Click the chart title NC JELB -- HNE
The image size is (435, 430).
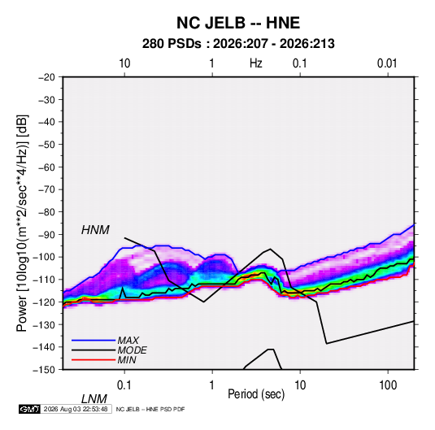tap(238, 23)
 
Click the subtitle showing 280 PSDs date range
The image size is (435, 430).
tap(238, 44)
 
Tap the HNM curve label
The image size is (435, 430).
tap(95, 230)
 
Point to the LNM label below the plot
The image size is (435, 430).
tap(94, 399)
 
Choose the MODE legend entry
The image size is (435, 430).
tap(109, 350)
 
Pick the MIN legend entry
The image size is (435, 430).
tap(104, 360)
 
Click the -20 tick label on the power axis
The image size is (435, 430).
tap(46, 77)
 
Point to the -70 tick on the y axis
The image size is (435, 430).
tap(46, 189)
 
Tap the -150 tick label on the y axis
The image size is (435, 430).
tap(44, 370)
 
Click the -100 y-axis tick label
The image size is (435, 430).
tap(44, 257)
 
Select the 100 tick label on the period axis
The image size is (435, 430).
tap(388, 385)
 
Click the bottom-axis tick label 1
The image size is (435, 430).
tap(212, 385)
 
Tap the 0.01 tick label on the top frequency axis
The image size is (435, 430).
tap(387, 63)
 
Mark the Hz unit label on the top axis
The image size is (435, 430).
tap(256, 63)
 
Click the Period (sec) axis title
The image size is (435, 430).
tap(256, 394)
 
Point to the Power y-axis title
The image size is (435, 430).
tap(22, 223)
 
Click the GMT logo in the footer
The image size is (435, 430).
tap(29, 409)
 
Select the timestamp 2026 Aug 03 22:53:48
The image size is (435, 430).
tap(76, 409)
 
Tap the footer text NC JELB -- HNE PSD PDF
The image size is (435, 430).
tap(150, 409)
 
